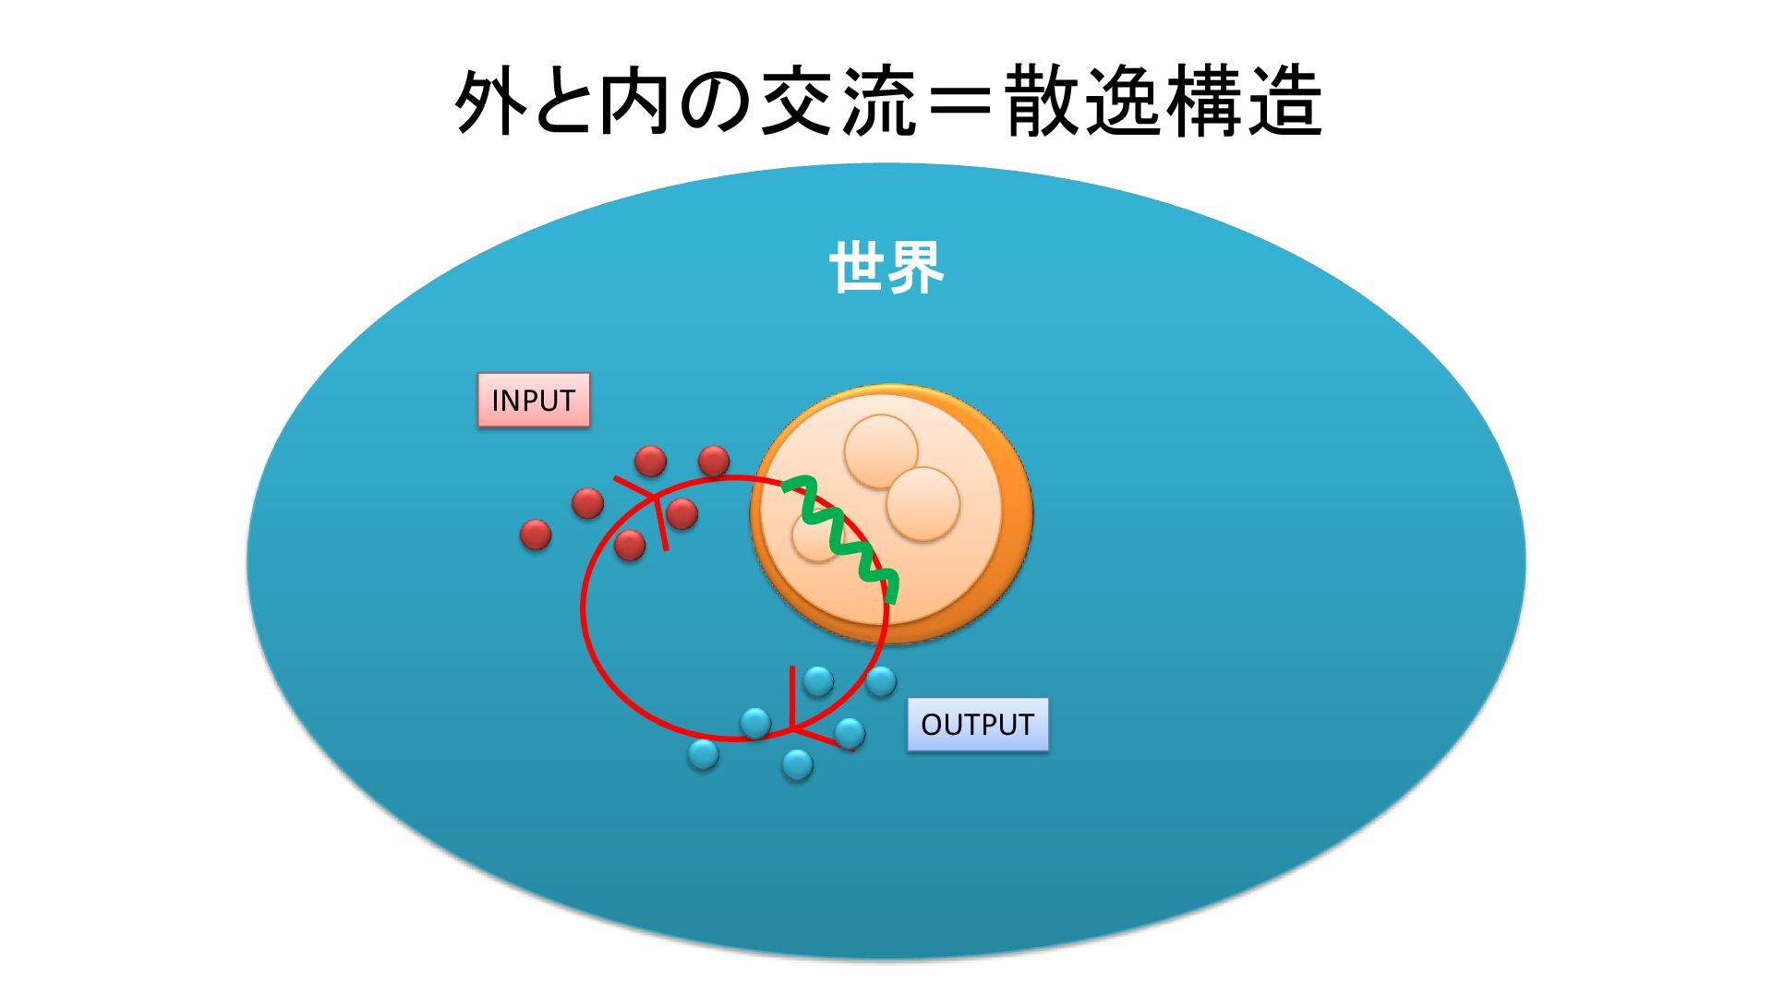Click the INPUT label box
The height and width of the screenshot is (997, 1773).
pyautogui.click(x=533, y=400)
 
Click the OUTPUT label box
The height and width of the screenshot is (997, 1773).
pyautogui.click(x=977, y=725)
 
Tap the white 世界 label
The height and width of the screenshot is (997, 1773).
pyautogui.click(x=886, y=268)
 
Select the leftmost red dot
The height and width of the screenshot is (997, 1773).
pyautogui.click(x=536, y=535)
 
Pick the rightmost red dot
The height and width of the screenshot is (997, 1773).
pyautogui.click(x=714, y=461)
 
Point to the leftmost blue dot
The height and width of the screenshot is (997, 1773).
pyautogui.click(x=703, y=754)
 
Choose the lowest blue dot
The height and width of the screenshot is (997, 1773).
pyautogui.click(x=797, y=764)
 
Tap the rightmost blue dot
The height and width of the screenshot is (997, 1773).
pyautogui.click(x=881, y=681)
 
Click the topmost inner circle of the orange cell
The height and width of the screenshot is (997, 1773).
pyautogui.click(x=881, y=450)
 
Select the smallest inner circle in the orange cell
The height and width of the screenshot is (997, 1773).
pyautogui.click(x=814, y=538)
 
